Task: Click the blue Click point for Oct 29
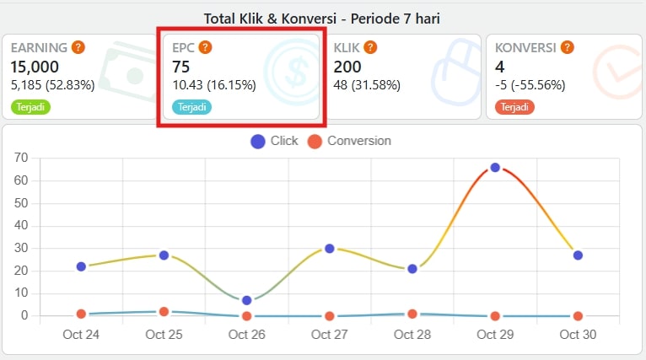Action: click(495, 168)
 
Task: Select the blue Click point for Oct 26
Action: click(246, 300)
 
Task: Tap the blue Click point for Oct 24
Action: click(81, 266)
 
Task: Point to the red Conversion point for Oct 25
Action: click(164, 312)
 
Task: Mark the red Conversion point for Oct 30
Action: click(578, 316)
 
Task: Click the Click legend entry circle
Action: click(258, 142)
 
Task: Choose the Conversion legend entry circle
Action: click(315, 142)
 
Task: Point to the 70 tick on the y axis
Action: click(22, 158)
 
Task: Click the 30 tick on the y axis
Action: click(22, 248)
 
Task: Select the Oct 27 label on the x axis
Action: click(329, 335)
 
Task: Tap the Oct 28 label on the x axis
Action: click(412, 335)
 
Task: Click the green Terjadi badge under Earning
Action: click(30, 107)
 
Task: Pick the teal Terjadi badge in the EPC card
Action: click(192, 107)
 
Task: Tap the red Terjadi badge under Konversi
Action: click(514, 107)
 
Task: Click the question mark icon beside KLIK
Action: click(369, 47)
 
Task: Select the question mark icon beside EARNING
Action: click(78, 47)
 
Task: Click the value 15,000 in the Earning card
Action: click(35, 67)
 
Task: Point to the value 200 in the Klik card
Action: click(347, 67)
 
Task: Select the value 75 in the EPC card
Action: click(181, 67)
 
